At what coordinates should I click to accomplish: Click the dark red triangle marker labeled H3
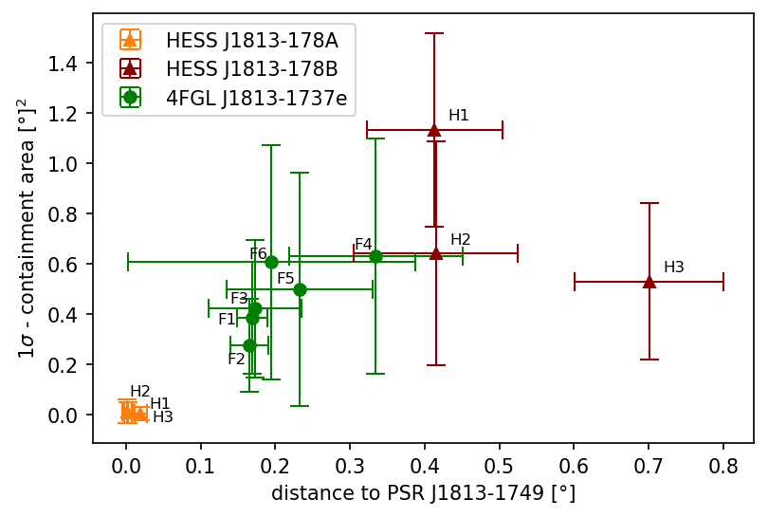point(649,282)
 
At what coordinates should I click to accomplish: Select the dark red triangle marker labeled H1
point(434,130)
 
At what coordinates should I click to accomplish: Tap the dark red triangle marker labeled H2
point(436,253)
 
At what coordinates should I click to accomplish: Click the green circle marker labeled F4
point(375,256)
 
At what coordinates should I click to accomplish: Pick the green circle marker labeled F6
point(271,262)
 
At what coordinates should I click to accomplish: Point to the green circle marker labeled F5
point(300,289)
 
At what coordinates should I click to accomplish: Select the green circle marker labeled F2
point(249,345)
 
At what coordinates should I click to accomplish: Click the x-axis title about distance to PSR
point(423,494)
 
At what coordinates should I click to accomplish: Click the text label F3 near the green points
point(239,298)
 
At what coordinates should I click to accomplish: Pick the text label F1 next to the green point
point(227,320)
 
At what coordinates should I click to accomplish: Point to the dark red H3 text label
point(674,268)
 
